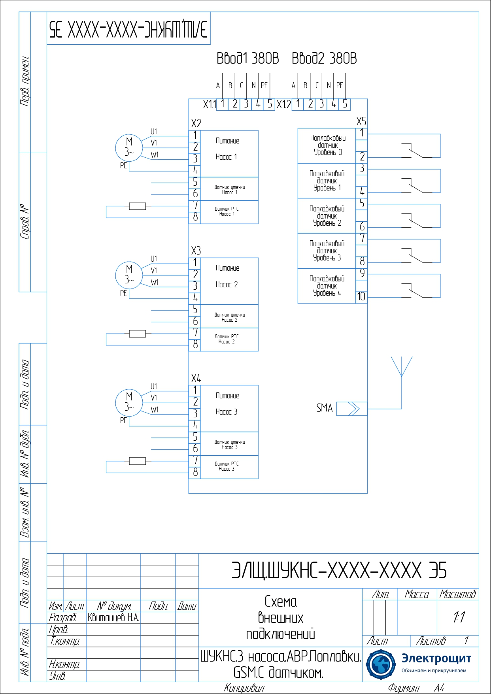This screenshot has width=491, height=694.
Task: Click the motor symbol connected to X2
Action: pyautogui.click(x=129, y=147)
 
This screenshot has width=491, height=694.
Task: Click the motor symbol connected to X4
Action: pyautogui.click(x=129, y=402)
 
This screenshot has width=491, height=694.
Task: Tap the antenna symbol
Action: pyautogui.click(x=402, y=368)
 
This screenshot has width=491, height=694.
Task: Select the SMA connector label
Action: pyautogui.click(x=324, y=408)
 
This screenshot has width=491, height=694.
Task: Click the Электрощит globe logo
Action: pyautogui.click(x=380, y=664)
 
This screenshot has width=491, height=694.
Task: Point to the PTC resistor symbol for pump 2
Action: pyautogui.click(x=137, y=334)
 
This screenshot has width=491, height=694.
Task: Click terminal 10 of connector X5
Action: pyautogui.click(x=361, y=297)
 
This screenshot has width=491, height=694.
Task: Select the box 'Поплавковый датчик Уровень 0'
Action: pyautogui.click(x=327, y=145)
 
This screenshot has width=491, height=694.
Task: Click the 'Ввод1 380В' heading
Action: pyautogui.click(x=248, y=58)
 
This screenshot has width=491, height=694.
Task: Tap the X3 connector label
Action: pyautogui.click(x=196, y=251)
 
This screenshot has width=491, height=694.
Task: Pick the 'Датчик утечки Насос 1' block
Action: pyautogui.click(x=229, y=189)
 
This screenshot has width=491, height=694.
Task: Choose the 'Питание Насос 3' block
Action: pyautogui.click(x=229, y=408)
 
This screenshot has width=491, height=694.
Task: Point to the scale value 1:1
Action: pyautogui.click(x=459, y=617)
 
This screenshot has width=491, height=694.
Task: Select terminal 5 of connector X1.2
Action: pyautogui.click(x=345, y=104)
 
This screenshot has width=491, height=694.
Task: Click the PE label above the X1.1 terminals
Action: pyautogui.click(x=264, y=85)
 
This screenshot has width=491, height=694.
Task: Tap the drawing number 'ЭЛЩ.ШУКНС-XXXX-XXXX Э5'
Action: pyautogui.click(x=339, y=571)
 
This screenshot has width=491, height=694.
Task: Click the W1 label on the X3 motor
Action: pyautogui.click(x=155, y=283)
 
